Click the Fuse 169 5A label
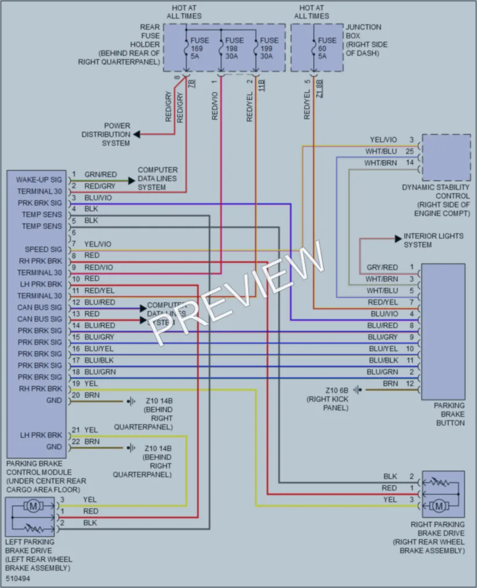coord(199,48)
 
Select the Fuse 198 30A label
coord(234,48)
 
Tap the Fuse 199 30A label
coord(269,48)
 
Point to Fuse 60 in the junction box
coord(327,48)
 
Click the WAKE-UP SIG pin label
coord(39,179)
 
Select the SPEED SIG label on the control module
coord(43,250)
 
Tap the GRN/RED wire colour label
coord(100,174)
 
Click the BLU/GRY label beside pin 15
coord(99,337)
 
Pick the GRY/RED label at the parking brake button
coord(382,268)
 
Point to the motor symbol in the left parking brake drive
coord(33,507)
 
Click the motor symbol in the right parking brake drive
coord(439,506)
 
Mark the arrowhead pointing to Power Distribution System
coord(137,134)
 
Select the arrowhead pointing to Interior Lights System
coord(398,239)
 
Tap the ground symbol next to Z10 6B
coord(358,390)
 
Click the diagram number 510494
coord(18,579)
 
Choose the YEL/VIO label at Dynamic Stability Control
coord(383,140)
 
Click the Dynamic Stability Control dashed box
coord(446,157)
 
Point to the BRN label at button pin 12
coord(390,384)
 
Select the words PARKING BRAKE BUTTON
coord(449,414)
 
